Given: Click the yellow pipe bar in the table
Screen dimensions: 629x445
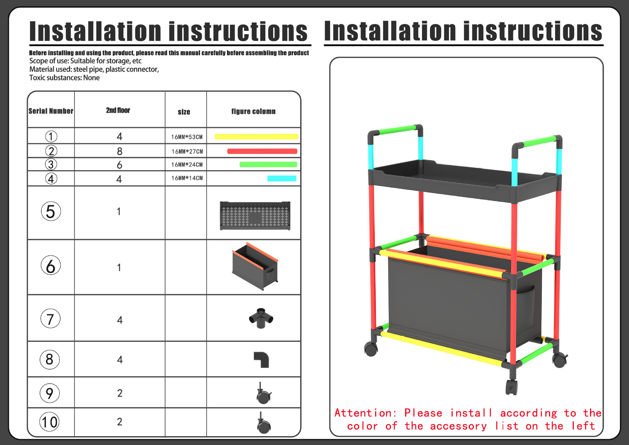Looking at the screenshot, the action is [x=257, y=137].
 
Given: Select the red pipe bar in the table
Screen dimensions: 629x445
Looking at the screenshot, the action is [x=262, y=151].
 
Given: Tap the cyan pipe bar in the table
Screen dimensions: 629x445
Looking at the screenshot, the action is [x=282, y=178].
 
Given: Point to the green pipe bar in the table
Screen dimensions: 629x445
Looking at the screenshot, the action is [x=268, y=164].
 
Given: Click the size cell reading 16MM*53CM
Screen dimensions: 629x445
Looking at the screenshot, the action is [x=187, y=137].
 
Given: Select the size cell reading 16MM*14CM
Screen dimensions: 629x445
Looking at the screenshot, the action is [x=187, y=178].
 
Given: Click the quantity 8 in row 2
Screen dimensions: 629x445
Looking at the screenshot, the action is [x=120, y=151].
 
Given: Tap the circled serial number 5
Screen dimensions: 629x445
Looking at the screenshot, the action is [x=51, y=211].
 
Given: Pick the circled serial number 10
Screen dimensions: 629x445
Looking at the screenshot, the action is [x=49, y=422].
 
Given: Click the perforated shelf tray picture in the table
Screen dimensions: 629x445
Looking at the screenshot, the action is [x=255, y=216].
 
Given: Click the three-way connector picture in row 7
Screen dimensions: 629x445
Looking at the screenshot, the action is [x=261, y=318].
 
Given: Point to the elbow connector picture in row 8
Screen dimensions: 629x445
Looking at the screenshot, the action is [x=261, y=360].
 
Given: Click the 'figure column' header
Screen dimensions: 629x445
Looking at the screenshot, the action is [x=253, y=111].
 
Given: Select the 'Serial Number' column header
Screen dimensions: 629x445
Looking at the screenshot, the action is [x=51, y=111].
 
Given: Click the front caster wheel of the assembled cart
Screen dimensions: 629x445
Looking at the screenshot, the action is [x=512, y=387].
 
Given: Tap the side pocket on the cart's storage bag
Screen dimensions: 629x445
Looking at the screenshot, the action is [x=525, y=307].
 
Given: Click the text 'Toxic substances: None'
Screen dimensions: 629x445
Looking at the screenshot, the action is [x=65, y=78].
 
